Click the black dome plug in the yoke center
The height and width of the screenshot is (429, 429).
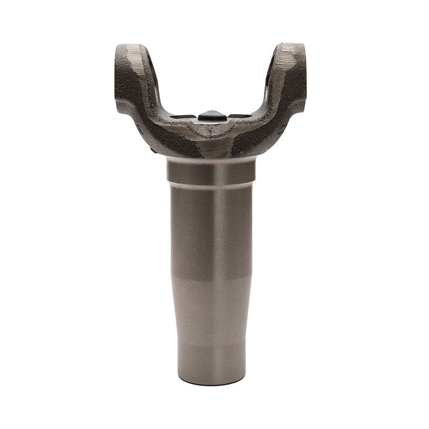(210, 115)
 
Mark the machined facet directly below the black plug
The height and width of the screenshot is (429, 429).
(211, 134)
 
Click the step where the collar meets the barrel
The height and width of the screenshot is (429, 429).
(210, 182)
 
